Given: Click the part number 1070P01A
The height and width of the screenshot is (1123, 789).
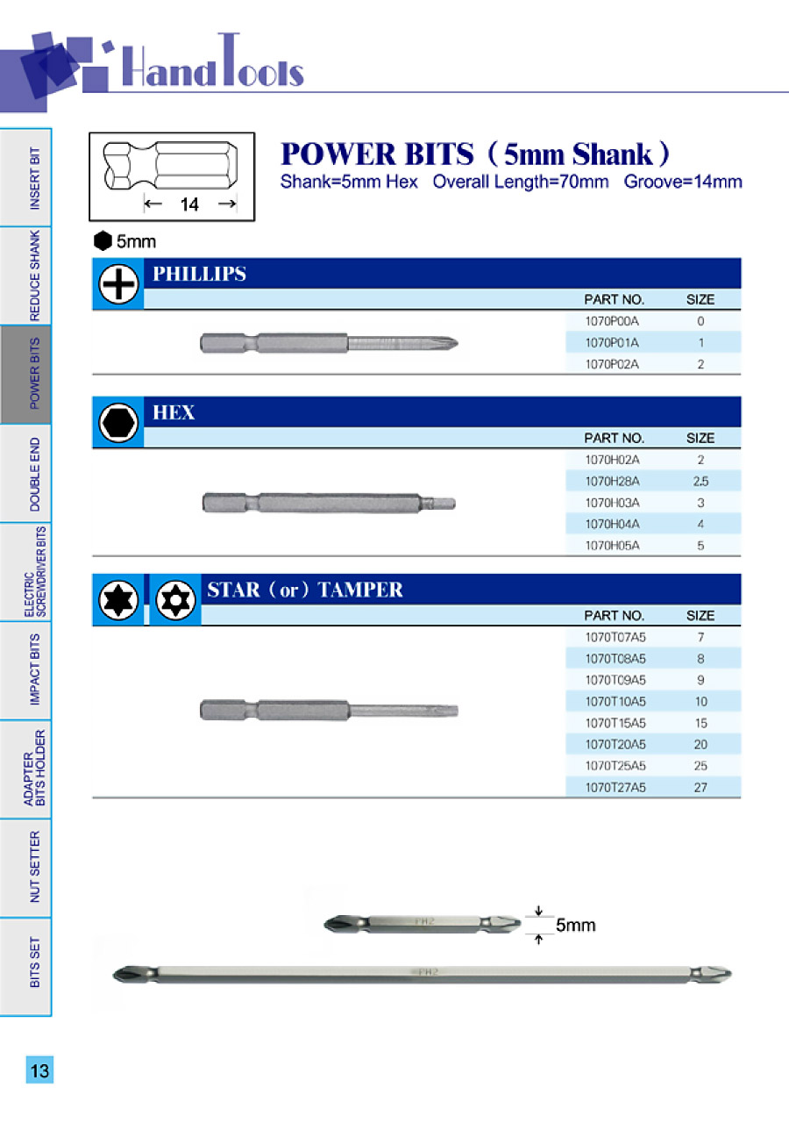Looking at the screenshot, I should [x=612, y=343].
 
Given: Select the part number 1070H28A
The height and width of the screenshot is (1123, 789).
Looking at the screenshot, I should [x=612, y=482].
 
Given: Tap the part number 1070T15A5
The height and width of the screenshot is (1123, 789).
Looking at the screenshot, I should [x=615, y=723].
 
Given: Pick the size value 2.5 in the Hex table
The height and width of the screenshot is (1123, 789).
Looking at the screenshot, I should [x=700, y=482].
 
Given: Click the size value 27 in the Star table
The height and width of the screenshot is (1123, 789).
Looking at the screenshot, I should [x=700, y=788].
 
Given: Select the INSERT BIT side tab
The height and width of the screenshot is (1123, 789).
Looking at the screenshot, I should [x=35, y=178].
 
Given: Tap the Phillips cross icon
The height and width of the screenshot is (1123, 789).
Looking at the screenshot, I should [x=117, y=286].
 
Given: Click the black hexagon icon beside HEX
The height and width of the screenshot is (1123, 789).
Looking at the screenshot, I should [x=117, y=425].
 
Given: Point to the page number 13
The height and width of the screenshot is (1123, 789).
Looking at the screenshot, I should [x=39, y=1071].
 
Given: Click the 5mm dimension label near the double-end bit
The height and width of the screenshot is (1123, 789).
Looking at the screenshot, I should [x=575, y=926].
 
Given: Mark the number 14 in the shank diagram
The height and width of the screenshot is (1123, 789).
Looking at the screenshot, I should [x=189, y=204].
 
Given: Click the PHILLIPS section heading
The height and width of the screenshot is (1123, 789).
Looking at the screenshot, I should [x=199, y=274].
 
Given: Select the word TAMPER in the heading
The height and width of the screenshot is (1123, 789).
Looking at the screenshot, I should [x=360, y=590].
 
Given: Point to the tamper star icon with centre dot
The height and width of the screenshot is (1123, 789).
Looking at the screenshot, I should [x=175, y=601].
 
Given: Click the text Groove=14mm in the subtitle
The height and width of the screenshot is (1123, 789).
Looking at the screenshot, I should [x=683, y=182].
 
